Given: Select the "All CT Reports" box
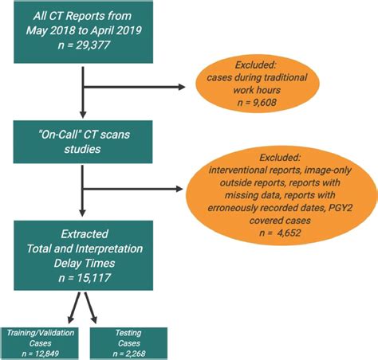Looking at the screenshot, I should pos(83,31).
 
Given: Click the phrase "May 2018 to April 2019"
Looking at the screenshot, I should pos(83,31).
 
